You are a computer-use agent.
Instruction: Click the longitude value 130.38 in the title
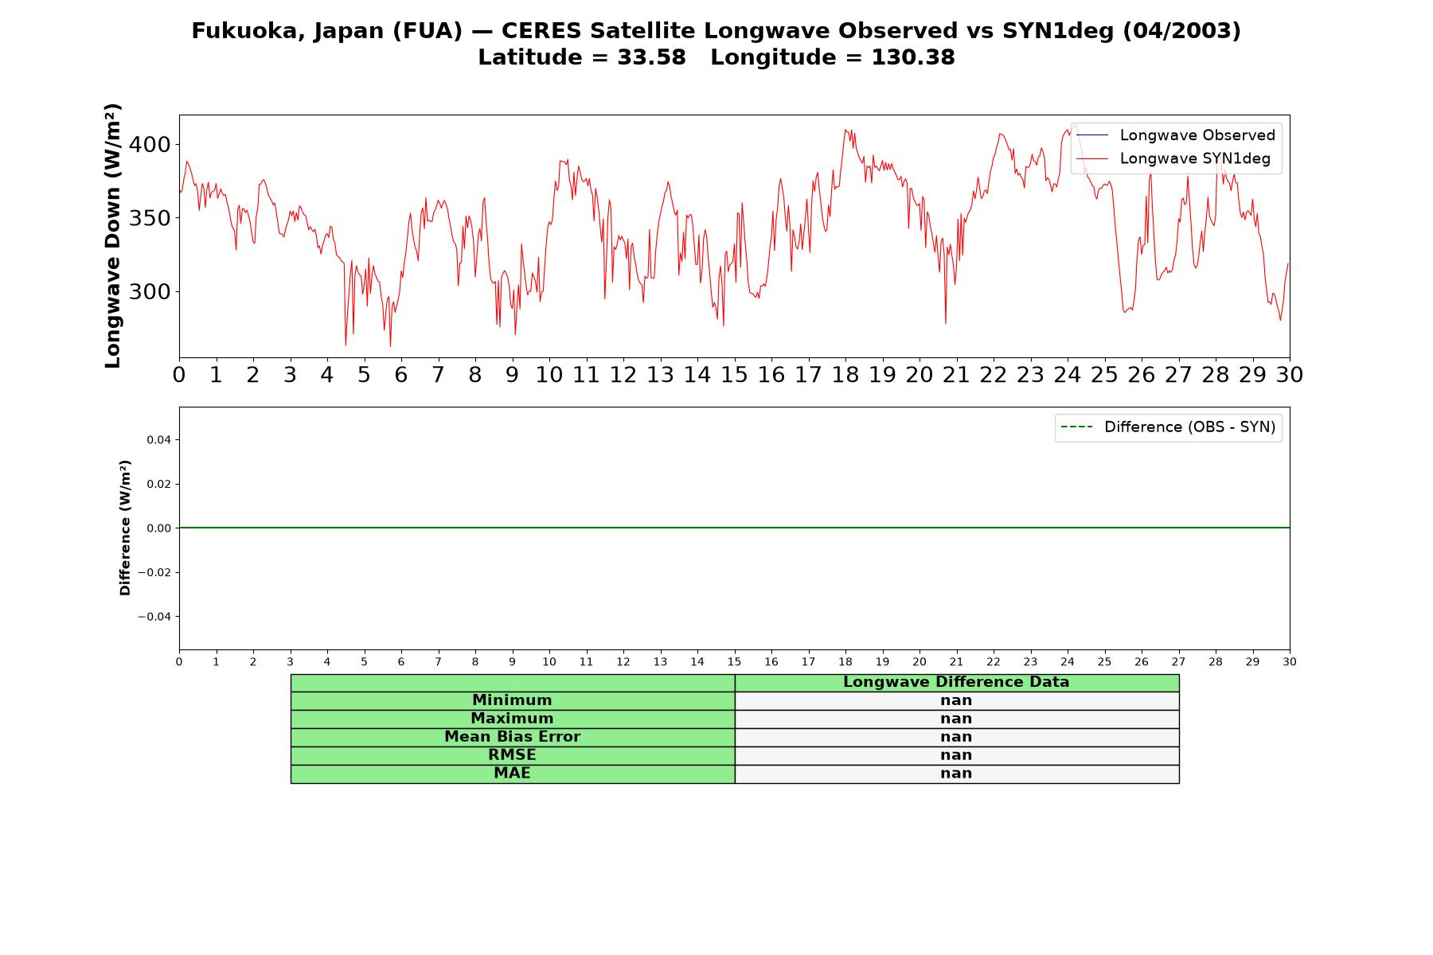point(913,57)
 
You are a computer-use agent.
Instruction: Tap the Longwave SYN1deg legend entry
point(1173,158)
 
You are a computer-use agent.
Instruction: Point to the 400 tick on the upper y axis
point(150,145)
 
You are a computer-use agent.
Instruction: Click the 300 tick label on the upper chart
point(150,292)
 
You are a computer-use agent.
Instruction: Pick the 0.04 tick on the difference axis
point(158,440)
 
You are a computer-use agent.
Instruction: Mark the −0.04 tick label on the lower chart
point(154,617)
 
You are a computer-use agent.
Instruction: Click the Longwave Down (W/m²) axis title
point(112,236)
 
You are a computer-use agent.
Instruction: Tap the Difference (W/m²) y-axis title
point(125,528)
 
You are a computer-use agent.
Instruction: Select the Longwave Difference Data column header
point(956,682)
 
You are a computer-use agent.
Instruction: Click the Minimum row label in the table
point(512,700)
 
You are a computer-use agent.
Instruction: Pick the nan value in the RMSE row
point(956,755)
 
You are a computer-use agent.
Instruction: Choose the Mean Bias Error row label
point(512,737)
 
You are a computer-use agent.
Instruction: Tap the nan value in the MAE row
point(956,774)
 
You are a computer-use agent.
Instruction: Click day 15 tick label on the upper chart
point(734,375)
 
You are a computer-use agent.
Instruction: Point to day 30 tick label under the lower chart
point(1290,662)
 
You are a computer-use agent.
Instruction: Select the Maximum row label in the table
point(512,719)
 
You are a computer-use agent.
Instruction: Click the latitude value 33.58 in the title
point(651,57)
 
